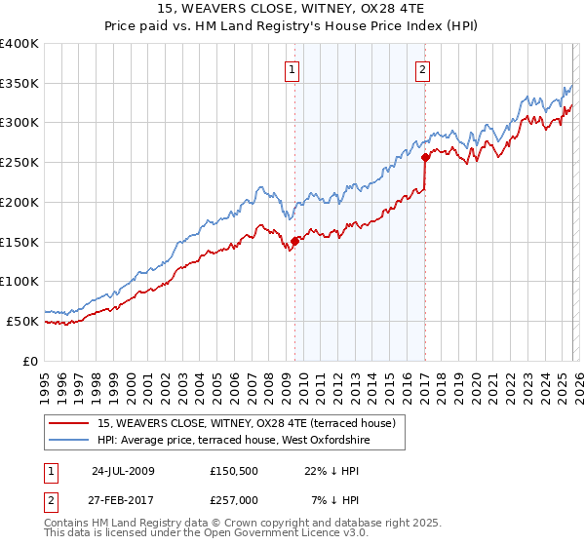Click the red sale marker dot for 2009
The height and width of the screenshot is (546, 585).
(294, 240)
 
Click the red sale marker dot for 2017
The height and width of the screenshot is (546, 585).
(425, 156)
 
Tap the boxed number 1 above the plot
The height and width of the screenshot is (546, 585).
(293, 69)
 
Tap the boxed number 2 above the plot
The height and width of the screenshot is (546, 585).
(423, 69)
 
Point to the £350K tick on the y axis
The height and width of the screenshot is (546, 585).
(19, 84)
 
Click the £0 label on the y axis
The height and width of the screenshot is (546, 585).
(29, 361)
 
